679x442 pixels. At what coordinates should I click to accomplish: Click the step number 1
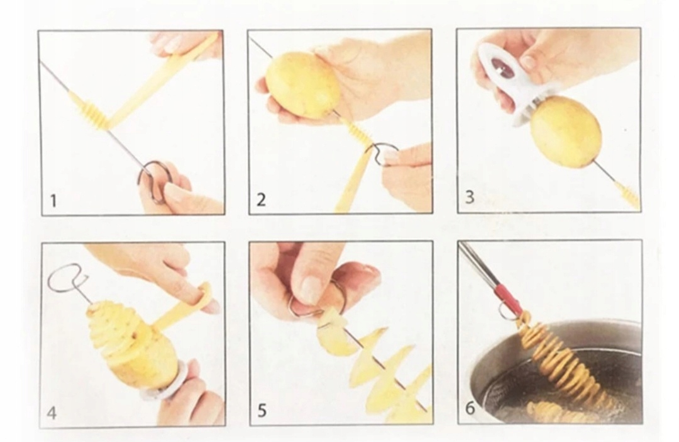(x=53, y=201)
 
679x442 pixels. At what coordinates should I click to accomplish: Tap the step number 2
(x=261, y=200)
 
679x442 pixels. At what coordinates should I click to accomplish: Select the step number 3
(x=470, y=197)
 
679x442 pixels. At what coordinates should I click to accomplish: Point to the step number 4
(x=52, y=412)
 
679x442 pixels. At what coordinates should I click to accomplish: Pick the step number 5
(x=262, y=411)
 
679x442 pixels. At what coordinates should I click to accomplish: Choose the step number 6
(x=470, y=408)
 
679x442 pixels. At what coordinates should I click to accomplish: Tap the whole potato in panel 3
(x=566, y=132)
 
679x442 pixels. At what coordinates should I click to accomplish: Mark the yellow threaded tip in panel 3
(x=629, y=196)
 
